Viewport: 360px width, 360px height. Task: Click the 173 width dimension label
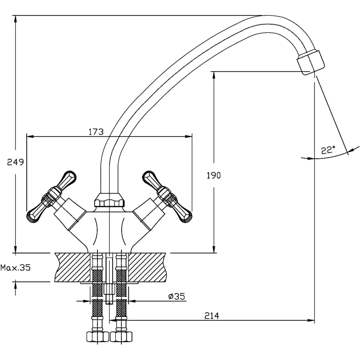[96, 132]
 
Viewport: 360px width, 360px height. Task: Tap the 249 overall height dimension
[15, 162]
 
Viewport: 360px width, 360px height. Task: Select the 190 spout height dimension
[213, 176]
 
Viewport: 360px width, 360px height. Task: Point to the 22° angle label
[328, 150]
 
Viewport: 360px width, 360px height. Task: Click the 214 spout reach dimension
[212, 316]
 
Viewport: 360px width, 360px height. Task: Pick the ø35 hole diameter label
[176, 296]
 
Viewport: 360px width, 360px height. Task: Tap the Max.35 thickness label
[15, 267]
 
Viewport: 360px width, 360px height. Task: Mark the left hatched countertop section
[72, 267]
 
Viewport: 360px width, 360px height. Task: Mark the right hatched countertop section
[148, 267]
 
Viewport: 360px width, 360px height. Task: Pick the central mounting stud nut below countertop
[109, 289]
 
